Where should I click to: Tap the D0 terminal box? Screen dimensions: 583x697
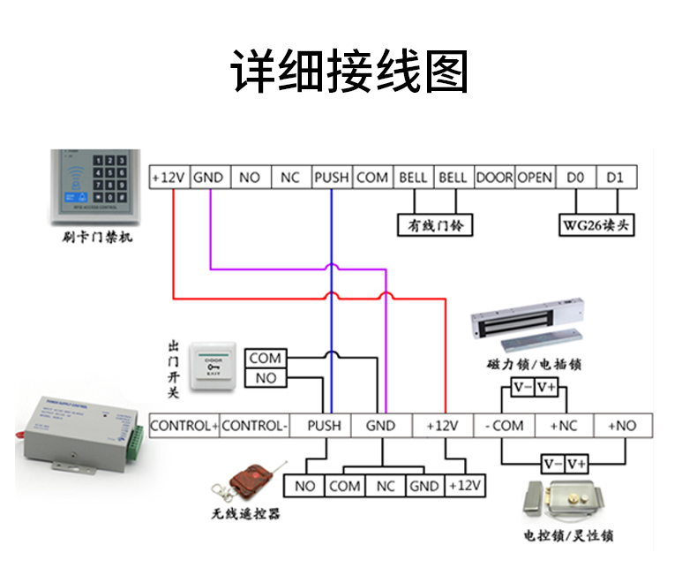click(575, 178)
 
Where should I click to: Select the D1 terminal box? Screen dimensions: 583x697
click(615, 178)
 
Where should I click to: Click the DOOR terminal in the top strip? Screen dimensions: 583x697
click(494, 178)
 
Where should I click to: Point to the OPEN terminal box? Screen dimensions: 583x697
click(535, 178)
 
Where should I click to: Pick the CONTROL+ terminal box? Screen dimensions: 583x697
click(184, 426)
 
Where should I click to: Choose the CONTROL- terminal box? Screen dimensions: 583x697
click(254, 426)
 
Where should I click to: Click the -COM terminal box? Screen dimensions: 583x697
click(504, 426)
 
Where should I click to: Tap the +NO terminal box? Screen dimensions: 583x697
click(621, 426)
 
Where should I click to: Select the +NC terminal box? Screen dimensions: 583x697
click(563, 426)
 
